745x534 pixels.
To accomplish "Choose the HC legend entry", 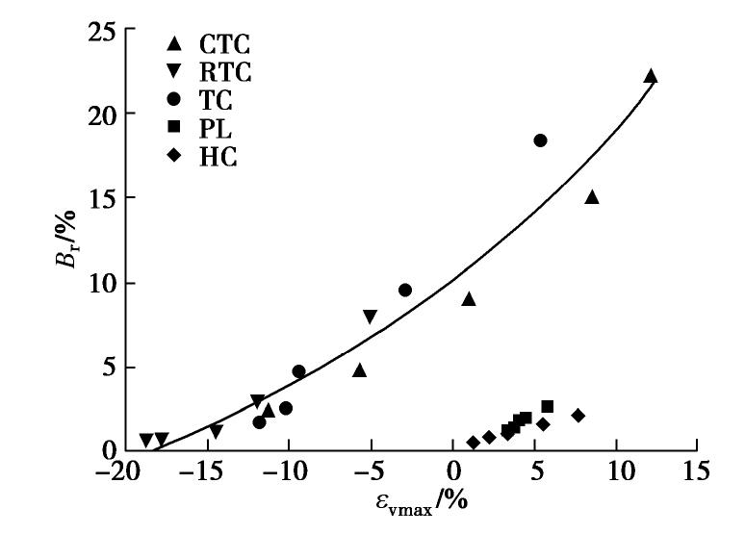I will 218,155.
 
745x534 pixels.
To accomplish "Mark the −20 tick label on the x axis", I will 114,471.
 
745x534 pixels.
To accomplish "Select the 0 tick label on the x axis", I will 453,471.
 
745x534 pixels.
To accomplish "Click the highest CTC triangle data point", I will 651,76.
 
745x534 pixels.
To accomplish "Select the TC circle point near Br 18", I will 540,140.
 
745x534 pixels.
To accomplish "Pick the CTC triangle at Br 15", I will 592,197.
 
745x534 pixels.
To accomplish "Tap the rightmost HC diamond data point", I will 578,416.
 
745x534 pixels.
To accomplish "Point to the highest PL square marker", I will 548,406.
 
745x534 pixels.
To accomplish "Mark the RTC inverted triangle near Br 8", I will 370,317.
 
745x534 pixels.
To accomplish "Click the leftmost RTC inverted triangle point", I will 145,440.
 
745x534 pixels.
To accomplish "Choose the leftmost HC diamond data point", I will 473,443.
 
